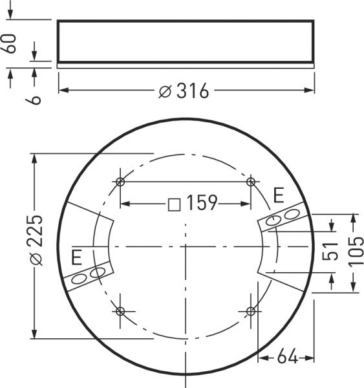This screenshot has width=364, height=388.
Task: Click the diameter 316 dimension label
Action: click(x=184, y=92)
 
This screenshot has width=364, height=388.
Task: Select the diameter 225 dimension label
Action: click(x=36, y=239)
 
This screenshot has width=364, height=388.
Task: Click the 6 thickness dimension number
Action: click(x=36, y=98)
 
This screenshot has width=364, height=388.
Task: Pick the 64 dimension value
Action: click(x=287, y=356)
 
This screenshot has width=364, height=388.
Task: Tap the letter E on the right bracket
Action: click(x=279, y=195)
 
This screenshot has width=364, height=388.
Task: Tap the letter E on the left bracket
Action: click(x=77, y=258)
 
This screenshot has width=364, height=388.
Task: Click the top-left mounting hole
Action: click(x=120, y=181)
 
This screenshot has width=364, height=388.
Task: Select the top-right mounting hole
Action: click(x=251, y=181)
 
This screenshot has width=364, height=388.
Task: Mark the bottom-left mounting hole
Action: click(x=120, y=312)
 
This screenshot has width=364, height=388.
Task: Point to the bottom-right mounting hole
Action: click(x=251, y=312)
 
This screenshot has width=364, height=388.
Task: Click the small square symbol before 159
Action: click(x=174, y=204)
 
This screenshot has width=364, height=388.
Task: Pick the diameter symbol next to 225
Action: click(x=36, y=259)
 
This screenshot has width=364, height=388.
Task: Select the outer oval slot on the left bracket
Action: click(x=80, y=279)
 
